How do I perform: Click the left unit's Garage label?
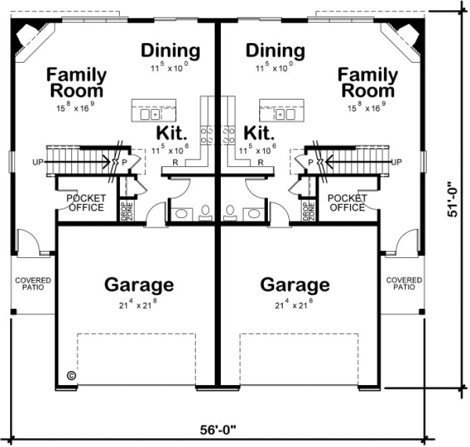[139, 285]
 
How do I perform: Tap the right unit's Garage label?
[295, 285]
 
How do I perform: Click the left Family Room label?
[76, 83]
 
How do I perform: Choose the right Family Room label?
[366, 83]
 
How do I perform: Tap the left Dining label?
[170, 51]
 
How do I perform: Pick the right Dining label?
[275, 51]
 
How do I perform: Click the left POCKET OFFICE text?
[85, 203]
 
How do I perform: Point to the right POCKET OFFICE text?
[347, 203]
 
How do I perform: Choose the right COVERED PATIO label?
[404, 283]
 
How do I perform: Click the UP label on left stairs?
[38, 162]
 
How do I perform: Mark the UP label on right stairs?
[397, 162]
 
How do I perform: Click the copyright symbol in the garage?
[70, 375]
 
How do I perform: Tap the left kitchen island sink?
[154, 114]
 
